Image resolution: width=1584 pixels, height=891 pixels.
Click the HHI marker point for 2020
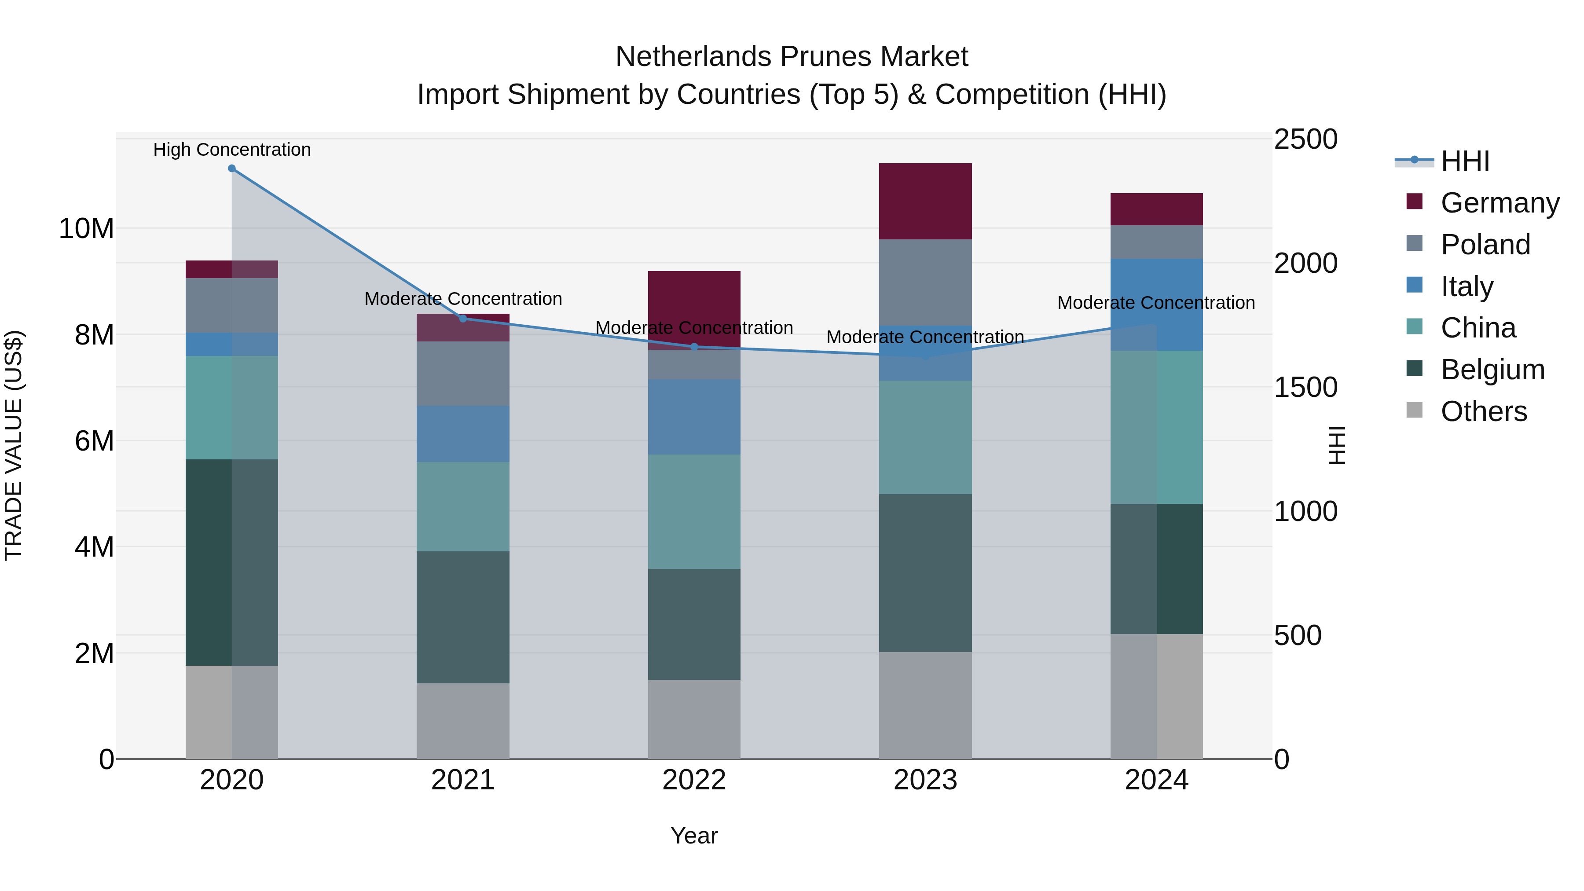pos(232,169)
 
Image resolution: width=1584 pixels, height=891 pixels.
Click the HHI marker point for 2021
pos(463,319)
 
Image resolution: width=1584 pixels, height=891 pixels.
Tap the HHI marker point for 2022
pos(694,347)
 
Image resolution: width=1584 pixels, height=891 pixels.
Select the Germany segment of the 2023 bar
pos(925,201)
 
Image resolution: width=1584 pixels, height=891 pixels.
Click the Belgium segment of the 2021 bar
pos(463,617)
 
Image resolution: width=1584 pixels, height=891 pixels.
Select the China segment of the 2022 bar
pos(694,512)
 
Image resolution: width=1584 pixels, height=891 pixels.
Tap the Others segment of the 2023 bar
pos(925,705)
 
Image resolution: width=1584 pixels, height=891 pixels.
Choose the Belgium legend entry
pos(1492,370)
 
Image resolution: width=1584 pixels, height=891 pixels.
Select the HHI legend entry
pos(1465,161)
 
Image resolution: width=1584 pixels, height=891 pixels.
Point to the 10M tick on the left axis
pos(86,229)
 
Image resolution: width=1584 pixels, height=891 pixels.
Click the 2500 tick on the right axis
pos(1305,139)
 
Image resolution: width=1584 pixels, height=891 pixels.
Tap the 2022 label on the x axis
pos(694,780)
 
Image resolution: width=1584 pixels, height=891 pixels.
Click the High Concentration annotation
pos(232,150)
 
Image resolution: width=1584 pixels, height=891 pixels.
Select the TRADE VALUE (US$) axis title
pos(14,445)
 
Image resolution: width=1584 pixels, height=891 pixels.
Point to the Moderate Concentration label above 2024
pos(1156,303)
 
